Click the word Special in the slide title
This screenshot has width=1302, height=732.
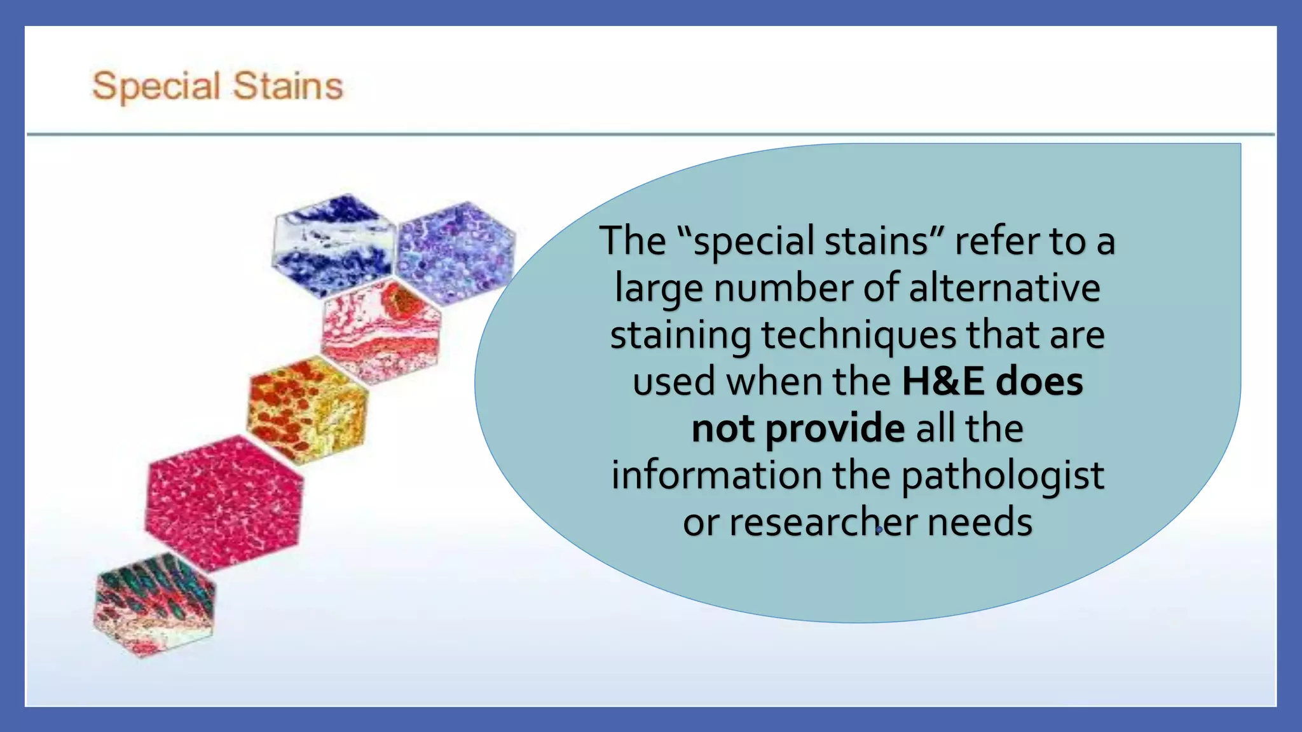tap(156, 86)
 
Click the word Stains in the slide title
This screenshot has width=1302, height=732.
tap(288, 86)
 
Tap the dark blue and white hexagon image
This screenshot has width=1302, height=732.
tap(332, 245)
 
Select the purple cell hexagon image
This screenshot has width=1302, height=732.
tap(456, 252)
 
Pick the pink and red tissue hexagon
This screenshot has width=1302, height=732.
tap(381, 331)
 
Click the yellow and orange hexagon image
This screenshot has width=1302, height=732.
tap(308, 409)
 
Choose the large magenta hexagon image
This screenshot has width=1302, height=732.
tap(224, 502)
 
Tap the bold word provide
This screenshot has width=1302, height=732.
tap(835, 429)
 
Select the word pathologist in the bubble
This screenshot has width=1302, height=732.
tap(1003, 476)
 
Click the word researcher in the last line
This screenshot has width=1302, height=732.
tap(823, 522)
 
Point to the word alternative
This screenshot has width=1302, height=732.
tap(1004, 288)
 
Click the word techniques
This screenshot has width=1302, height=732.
tap(859, 335)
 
